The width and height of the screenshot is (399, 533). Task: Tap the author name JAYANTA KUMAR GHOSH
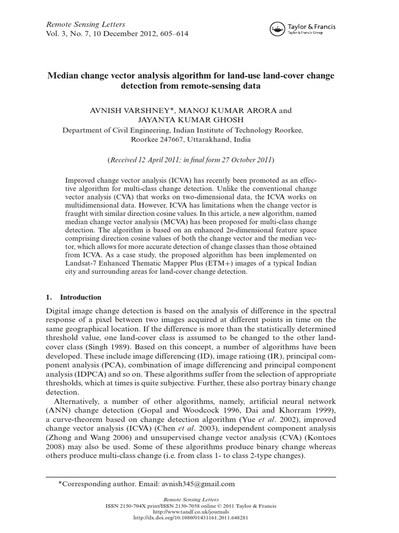coord(199,120)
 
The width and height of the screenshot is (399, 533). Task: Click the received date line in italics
coord(199,159)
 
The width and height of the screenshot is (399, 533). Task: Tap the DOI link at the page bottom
coord(199,518)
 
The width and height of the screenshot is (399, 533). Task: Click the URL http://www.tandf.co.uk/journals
coord(199,512)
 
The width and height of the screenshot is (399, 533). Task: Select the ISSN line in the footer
coord(199,506)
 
